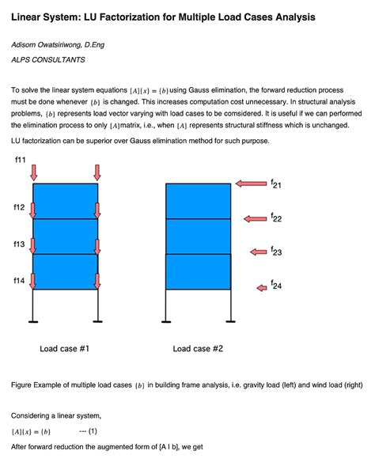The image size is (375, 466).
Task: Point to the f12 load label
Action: pos(20,207)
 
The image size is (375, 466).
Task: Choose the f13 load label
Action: pos(20,244)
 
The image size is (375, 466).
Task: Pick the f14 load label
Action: pos(20,280)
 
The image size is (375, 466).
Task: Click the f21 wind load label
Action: pos(276,184)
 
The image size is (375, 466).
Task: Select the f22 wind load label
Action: pos(276,218)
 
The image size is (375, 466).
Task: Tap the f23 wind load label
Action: pos(276,252)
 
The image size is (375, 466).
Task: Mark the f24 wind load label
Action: pos(276,286)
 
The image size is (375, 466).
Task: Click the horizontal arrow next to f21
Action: pos(251,184)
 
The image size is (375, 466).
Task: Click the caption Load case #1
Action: pos(65,348)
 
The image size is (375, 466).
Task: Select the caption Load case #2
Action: pos(199,348)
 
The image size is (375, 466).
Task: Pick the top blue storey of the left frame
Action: pos(66,202)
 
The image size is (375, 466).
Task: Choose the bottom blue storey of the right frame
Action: pos(198,271)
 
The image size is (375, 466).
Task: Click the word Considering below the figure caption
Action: pos(33,415)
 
